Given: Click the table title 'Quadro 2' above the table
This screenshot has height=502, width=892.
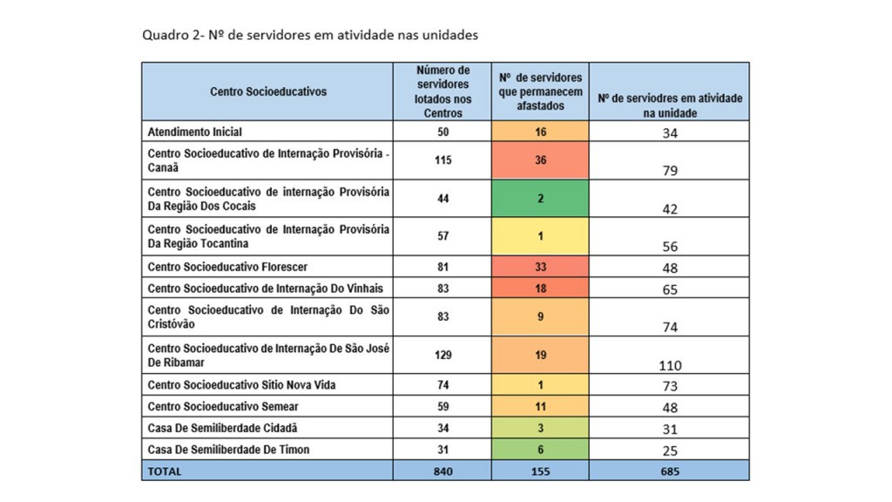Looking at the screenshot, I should (310, 36).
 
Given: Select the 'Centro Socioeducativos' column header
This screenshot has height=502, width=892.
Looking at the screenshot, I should (267, 91).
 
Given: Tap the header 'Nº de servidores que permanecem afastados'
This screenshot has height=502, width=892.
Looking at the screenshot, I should (540, 91).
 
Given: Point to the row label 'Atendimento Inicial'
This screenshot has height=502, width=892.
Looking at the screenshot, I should (195, 132).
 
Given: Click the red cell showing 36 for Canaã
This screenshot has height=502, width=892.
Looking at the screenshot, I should (540, 160).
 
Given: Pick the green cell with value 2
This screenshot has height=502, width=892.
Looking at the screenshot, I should (540, 198).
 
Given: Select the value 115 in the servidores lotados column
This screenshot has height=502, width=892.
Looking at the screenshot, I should (443, 160).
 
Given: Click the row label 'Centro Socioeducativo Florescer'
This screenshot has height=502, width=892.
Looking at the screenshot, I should (227, 267).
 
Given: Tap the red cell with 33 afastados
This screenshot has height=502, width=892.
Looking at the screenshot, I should (540, 267).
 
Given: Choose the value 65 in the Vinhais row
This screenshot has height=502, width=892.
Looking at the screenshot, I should (670, 289).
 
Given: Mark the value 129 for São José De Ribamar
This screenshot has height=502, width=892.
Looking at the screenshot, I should (443, 355).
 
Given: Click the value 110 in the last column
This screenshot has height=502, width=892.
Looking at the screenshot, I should (670, 365).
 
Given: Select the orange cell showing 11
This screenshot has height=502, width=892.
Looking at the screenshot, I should (540, 405).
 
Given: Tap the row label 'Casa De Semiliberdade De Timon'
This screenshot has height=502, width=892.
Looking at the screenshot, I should (228, 449).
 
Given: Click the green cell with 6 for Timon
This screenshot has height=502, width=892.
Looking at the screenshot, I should (540, 449).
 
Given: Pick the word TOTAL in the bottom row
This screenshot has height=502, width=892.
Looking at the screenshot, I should (165, 471).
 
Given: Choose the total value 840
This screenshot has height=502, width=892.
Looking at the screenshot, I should (443, 471).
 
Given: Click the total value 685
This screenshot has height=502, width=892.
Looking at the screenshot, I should (670, 471).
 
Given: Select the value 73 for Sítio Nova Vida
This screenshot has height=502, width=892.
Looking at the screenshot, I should (670, 385).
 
